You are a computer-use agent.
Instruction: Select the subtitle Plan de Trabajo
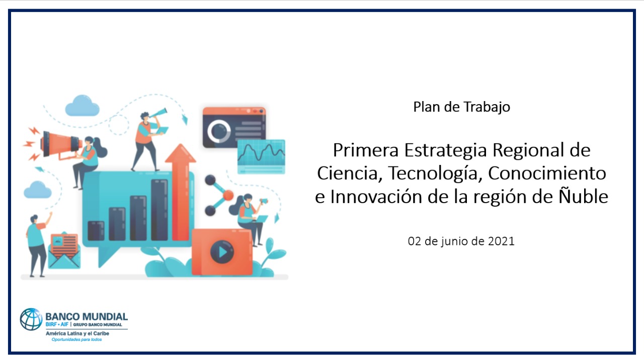[462, 107]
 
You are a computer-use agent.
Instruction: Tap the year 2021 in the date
[501, 241]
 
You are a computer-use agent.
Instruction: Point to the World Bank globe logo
[31, 319]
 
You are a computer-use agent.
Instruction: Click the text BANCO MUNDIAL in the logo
[87, 317]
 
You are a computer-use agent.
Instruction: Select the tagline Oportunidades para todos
[76, 339]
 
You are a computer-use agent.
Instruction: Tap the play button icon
[222, 252]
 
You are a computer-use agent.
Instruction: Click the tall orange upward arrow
[181, 192]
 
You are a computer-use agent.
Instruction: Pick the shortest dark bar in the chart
[96, 231]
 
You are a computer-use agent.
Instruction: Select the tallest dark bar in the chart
[159, 210]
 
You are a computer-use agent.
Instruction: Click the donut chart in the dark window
[219, 131]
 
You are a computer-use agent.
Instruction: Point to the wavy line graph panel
[261, 156]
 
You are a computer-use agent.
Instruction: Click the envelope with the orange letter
[64, 251]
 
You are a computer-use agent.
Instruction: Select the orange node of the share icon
[228, 196]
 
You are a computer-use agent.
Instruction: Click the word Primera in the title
[366, 150]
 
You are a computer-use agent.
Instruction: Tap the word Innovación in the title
[377, 197]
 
